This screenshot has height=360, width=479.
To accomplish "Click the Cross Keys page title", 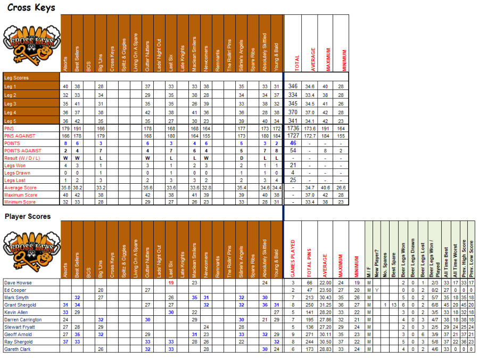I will pyautogui.click(x=31, y=7).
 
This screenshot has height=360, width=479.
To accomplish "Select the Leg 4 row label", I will pyautogui.click(x=11, y=112).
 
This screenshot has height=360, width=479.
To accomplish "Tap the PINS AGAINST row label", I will pyautogui.click(x=16, y=136).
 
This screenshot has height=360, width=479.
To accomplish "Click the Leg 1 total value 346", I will pyautogui.click(x=292, y=86).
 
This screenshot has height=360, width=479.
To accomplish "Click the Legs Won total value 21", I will pyautogui.click(x=292, y=166).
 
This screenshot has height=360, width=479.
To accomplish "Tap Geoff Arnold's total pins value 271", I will pyautogui.click(x=309, y=334).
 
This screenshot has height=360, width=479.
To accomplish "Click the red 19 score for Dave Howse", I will pyautogui.click(x=171, y=283).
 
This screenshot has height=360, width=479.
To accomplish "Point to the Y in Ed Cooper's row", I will pyautogui.click(x=376, y=290).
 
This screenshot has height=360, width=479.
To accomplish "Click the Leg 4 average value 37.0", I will pyautogui.click(x=309, y=112).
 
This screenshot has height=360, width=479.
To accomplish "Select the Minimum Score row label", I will pyautogui.click(x=20, y=202).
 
